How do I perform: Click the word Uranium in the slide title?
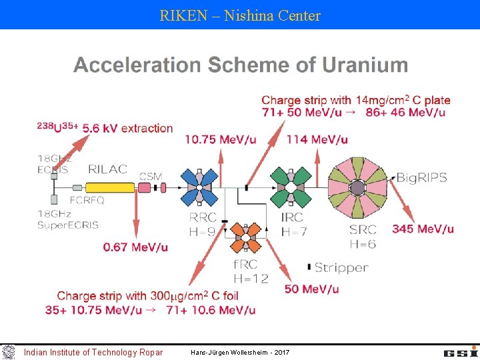point(365,65)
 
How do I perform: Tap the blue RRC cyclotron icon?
point(199,187)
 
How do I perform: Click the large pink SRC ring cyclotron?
point(357,187)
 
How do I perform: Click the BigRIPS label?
point(423,177)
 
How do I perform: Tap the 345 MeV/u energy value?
point(423,229)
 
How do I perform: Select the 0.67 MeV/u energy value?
point(135,247)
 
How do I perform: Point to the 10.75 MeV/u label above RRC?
point(220,139)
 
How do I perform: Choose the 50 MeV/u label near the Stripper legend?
point(311,289)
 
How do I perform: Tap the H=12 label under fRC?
point(251,277)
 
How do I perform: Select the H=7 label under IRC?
point(294,231)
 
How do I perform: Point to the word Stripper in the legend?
point(341,267)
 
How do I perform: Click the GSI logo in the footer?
point(459,351)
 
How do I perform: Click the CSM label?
point(150,176)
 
